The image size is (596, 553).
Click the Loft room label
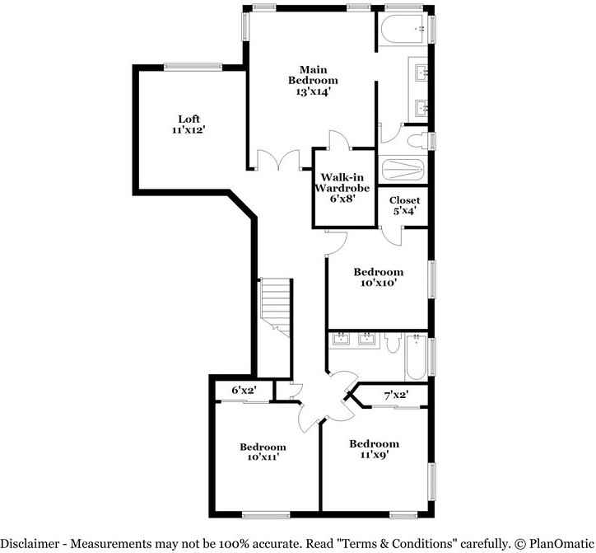[x=189, y=124]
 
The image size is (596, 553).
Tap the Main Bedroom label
[x=313, y=81]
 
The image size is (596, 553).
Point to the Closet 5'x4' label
[x=405, y=205]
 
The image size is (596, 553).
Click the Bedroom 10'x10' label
[x=378, y=278]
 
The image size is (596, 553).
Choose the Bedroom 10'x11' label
[x=263, y=452]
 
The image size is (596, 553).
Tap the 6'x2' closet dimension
[x=244, y=390]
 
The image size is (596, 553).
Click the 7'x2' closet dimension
[x=396, y=396]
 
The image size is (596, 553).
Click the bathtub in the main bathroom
[x=403, y=30]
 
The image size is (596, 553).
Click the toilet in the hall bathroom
[x=393, y=342]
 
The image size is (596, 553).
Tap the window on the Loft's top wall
[x=193, y=68]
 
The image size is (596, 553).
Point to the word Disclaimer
[x=32, y=544]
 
